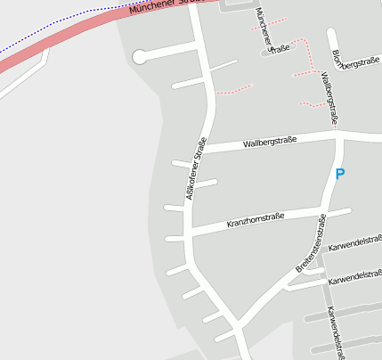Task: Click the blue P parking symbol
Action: coord(339,175)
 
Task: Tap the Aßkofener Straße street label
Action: coord(197,168)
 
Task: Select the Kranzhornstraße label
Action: coord(255,217)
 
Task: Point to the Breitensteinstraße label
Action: coord(312,243)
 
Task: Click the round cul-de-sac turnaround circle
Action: coord(139,57)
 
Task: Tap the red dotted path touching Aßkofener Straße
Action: coord(233,89)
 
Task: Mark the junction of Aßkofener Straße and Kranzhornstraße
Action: coord(189,230)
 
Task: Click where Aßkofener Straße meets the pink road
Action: coord(192,4)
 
